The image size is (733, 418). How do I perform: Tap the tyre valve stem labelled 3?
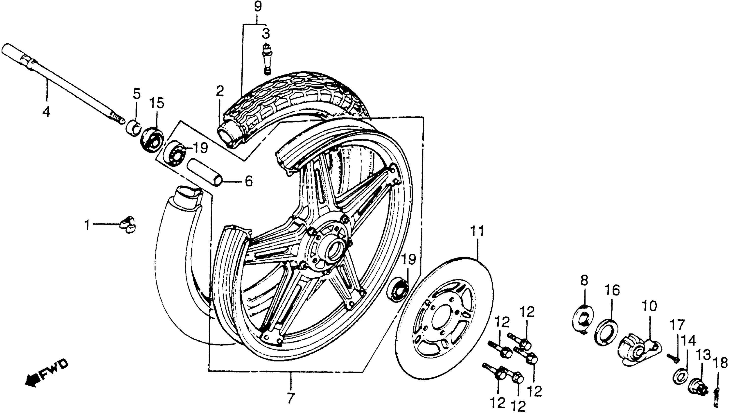tap(267, 59)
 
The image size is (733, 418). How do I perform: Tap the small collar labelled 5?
tap(133, 129)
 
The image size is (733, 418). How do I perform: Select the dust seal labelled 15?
tap(152, 140)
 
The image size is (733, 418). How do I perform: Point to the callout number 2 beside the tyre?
tap(220, 91)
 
